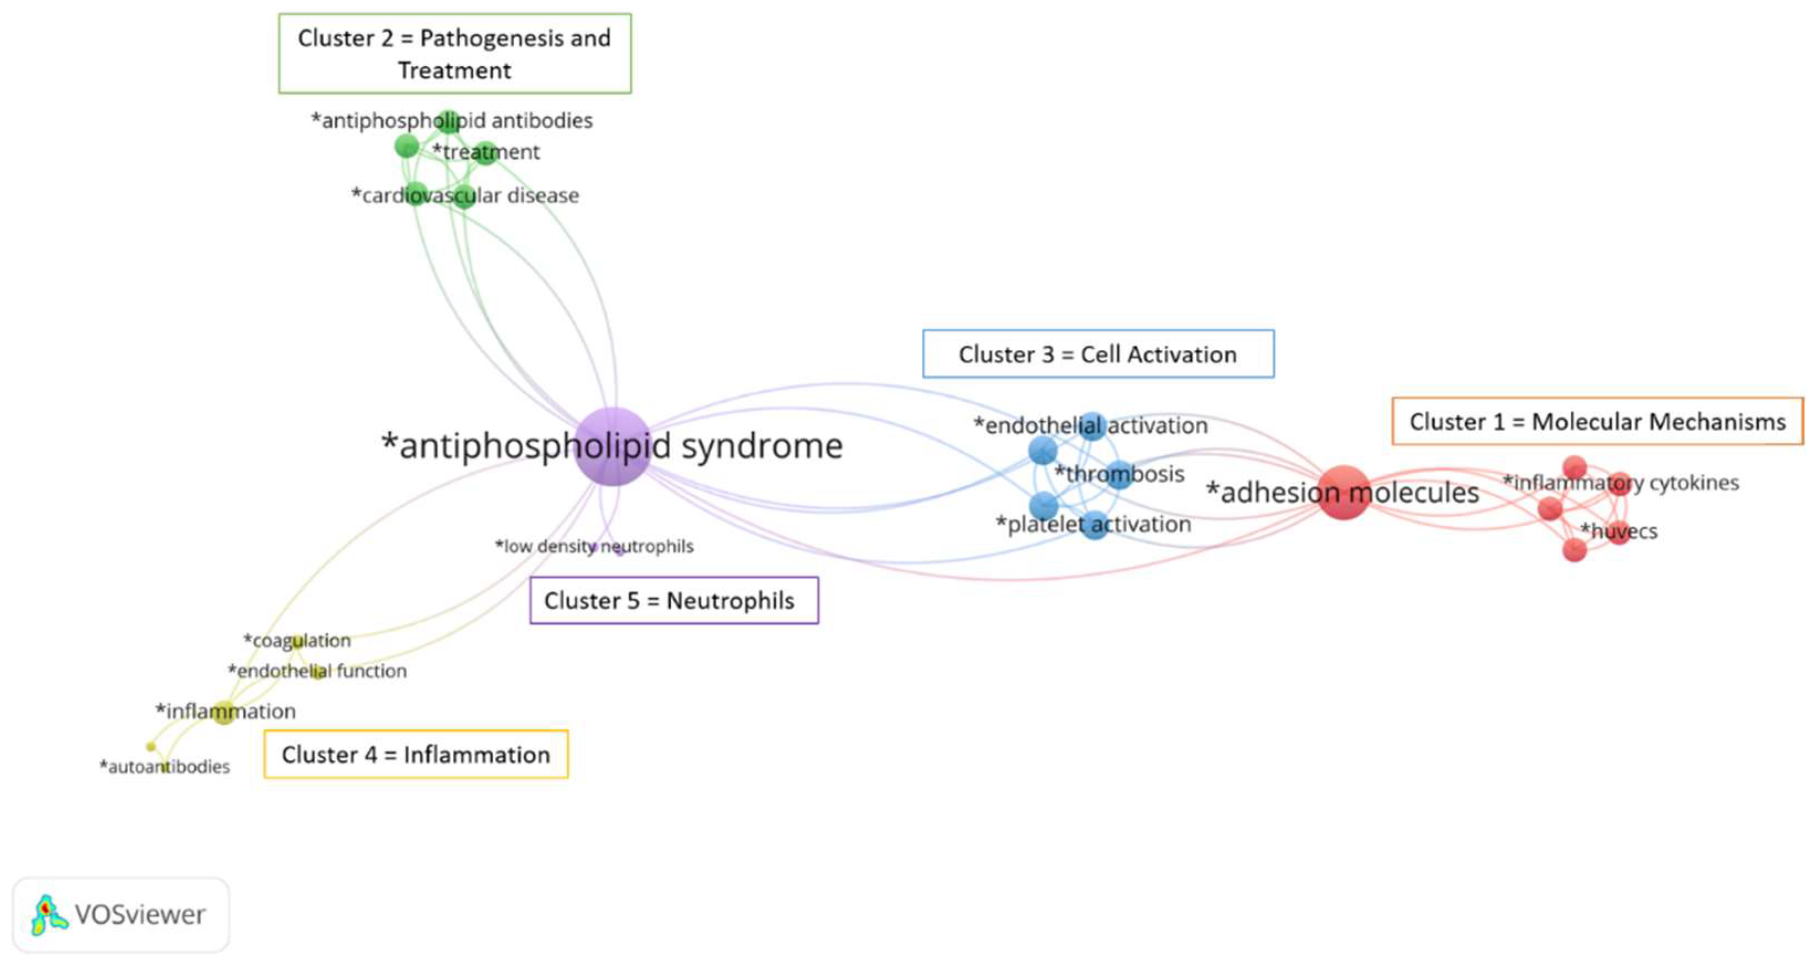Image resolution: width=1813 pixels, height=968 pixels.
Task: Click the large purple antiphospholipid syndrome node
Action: click(x=612, y=446)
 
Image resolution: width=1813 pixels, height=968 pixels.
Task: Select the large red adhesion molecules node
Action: click(x=1343, y=493)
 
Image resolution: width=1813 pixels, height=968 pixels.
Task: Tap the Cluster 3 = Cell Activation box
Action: click(x=1098, y=354)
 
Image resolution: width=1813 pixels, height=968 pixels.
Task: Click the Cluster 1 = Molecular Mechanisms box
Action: click(x=1597, y=421)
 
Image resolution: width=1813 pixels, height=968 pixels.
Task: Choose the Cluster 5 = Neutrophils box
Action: click(x=673, y=600)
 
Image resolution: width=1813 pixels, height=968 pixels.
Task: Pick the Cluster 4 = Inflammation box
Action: click(x=416, y=754)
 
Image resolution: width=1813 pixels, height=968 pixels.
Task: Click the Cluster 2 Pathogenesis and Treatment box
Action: click(x=454, y=54)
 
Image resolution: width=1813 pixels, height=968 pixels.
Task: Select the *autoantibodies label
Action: click(x=165, y=766)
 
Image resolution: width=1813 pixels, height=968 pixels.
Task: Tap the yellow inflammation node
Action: click(x=224, y=713)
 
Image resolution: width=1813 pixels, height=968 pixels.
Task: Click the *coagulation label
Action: click(x=297, y=640)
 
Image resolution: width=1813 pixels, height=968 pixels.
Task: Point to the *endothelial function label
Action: click(x=317, y=671)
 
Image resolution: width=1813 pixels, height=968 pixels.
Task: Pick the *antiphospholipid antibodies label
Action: click(x=452, y=121)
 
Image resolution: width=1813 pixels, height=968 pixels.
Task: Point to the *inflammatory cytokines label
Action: click(x=1621, y=483)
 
